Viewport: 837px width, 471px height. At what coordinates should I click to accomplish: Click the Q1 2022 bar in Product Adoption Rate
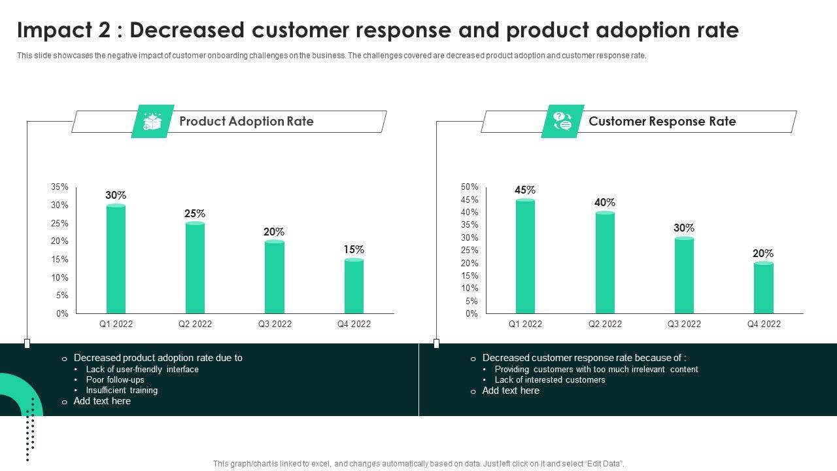(116, 260)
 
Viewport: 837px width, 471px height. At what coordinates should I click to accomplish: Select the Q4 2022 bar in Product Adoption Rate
(354, 287)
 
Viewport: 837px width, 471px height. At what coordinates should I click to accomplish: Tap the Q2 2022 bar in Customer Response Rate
(605, 263)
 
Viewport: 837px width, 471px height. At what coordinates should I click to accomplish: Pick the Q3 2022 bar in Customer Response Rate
(684, 275)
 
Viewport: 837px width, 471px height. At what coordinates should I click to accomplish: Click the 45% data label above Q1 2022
(525, 190)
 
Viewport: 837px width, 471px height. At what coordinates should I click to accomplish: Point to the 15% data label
(354, 250)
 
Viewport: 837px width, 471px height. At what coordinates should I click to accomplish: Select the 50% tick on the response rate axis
(470, 187)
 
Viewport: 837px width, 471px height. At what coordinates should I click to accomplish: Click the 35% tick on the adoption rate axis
(60, 187)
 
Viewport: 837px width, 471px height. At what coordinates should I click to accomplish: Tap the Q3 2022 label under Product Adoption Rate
(275, 324)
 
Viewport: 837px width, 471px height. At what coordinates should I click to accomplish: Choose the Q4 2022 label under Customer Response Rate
(764, 324)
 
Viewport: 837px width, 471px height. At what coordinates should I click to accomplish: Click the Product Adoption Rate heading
(247, 122)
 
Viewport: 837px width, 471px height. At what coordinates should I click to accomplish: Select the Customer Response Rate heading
(662, 122)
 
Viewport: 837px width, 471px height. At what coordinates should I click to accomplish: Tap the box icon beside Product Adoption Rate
(152, 122)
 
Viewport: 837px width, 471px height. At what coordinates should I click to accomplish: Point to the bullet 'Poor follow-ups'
(115, 380)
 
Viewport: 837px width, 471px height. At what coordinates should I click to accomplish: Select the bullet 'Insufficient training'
(122, 391)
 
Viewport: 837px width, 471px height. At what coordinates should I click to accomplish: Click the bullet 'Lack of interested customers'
(550, 380)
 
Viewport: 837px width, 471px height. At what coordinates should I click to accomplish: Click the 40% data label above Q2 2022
(605, 203)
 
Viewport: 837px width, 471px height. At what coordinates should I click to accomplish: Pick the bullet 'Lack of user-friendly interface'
(142, 370)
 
